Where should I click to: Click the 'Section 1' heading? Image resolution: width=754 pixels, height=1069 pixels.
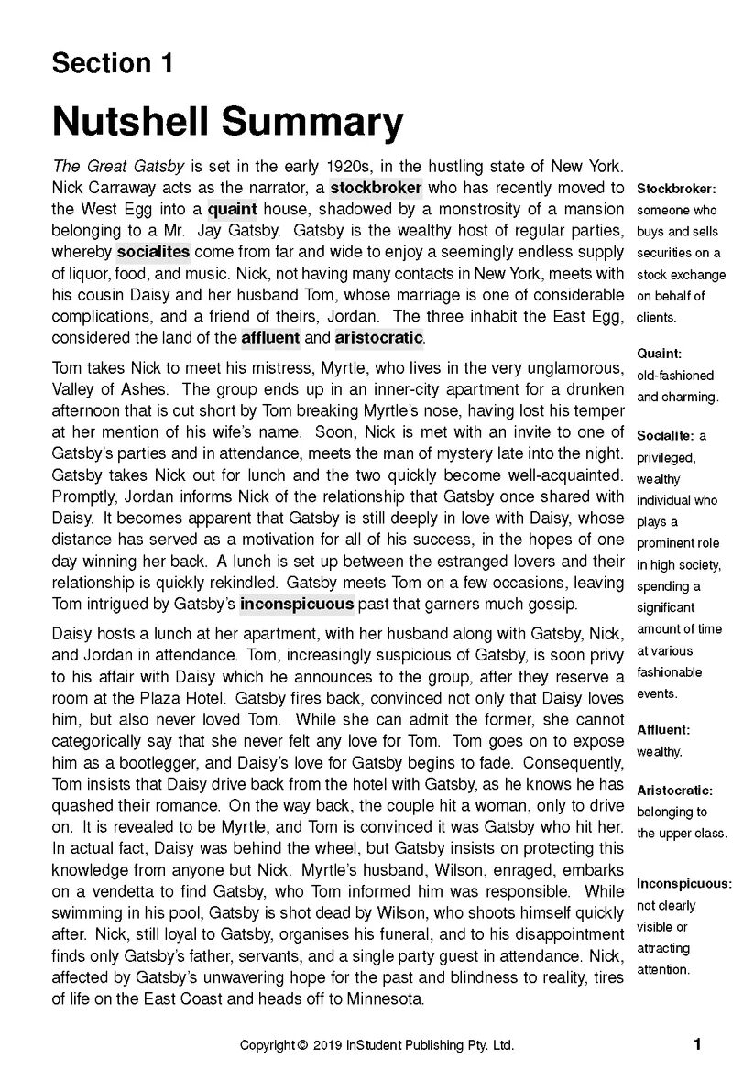pos(112,63)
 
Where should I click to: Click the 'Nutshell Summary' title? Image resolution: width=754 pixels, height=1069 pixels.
pos(227,122)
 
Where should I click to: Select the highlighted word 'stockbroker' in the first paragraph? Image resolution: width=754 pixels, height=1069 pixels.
pos(376,188)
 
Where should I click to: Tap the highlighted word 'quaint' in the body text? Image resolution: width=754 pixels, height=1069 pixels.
pos(233,209)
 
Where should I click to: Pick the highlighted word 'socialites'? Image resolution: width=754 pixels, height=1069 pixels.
pos(153,251)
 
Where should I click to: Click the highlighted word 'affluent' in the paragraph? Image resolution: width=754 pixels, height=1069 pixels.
pos(270,337)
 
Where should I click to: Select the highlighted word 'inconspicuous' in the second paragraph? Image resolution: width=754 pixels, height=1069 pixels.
pos(297,604)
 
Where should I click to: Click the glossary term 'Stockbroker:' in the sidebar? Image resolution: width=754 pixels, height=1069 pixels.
pos(676,189)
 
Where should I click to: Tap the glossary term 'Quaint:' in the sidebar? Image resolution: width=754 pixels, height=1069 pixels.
pos(660,354)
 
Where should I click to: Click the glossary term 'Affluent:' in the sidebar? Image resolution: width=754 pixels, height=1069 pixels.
pos(663,730)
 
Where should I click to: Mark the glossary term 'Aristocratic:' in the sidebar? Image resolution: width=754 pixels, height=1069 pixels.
pos(674,790)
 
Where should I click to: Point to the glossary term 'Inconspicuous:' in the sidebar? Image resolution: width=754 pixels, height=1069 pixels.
pos(684,884)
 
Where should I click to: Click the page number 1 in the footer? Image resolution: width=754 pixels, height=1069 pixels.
pos(697,1044)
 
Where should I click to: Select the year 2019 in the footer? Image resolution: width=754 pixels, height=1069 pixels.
pos(327,1045)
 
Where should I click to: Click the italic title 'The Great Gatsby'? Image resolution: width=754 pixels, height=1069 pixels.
pos(119,167)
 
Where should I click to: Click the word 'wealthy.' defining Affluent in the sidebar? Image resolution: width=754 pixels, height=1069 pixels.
pos(660,752)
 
